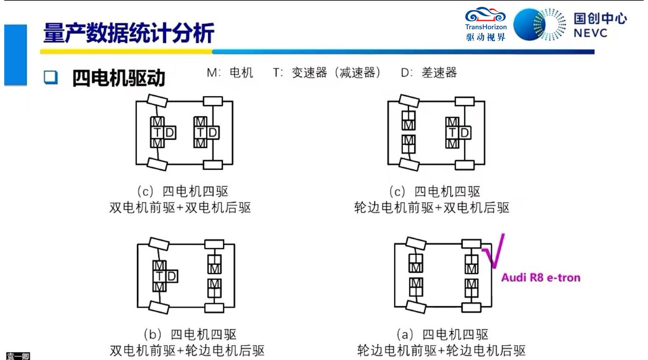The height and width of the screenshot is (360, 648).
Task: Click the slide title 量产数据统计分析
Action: tap(129, 33)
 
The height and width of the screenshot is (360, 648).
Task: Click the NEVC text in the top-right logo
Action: tap(590, 33)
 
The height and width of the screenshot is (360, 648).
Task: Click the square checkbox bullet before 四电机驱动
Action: tap(51, 77)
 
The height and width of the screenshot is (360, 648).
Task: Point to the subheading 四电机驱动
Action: tap(119, 78)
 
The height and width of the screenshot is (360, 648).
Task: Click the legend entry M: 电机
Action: tap(230, 73)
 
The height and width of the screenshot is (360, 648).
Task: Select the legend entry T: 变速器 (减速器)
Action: tap(327, 73)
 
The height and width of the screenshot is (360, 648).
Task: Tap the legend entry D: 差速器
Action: tap(429, 73)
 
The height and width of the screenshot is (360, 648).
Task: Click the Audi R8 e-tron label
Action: tap(541, 278)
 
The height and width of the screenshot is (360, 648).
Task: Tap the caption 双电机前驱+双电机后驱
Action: tap(180, 208)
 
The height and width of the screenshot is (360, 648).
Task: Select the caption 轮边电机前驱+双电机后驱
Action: tap(432, 208)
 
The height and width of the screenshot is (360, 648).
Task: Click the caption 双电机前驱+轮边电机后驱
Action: tap(187, 351)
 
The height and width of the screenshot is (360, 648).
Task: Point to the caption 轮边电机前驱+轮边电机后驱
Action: tap(441, 351)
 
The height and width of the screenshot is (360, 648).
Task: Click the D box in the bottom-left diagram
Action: tap(172, 277)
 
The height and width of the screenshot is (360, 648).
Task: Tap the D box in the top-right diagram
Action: tap(465, 133)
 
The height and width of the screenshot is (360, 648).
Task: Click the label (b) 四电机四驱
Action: tap(190, 335)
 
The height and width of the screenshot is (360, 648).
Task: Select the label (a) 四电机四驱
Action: tap(442, 335)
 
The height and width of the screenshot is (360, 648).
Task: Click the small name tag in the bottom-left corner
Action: tap(18, 356)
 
